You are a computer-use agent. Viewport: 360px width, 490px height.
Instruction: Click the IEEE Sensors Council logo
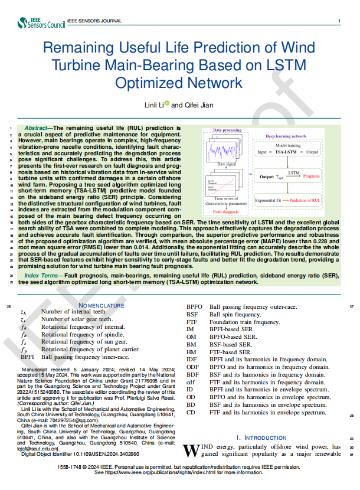(x=41, y=22)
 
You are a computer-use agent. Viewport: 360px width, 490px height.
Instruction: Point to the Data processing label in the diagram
(x=227, y=130)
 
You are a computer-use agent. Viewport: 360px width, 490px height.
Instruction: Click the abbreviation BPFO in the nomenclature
(x=194, y=306)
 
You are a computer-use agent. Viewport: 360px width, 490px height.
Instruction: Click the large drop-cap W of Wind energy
(x=189, y=450)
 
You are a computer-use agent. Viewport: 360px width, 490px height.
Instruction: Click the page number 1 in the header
(x=338, y=21)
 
